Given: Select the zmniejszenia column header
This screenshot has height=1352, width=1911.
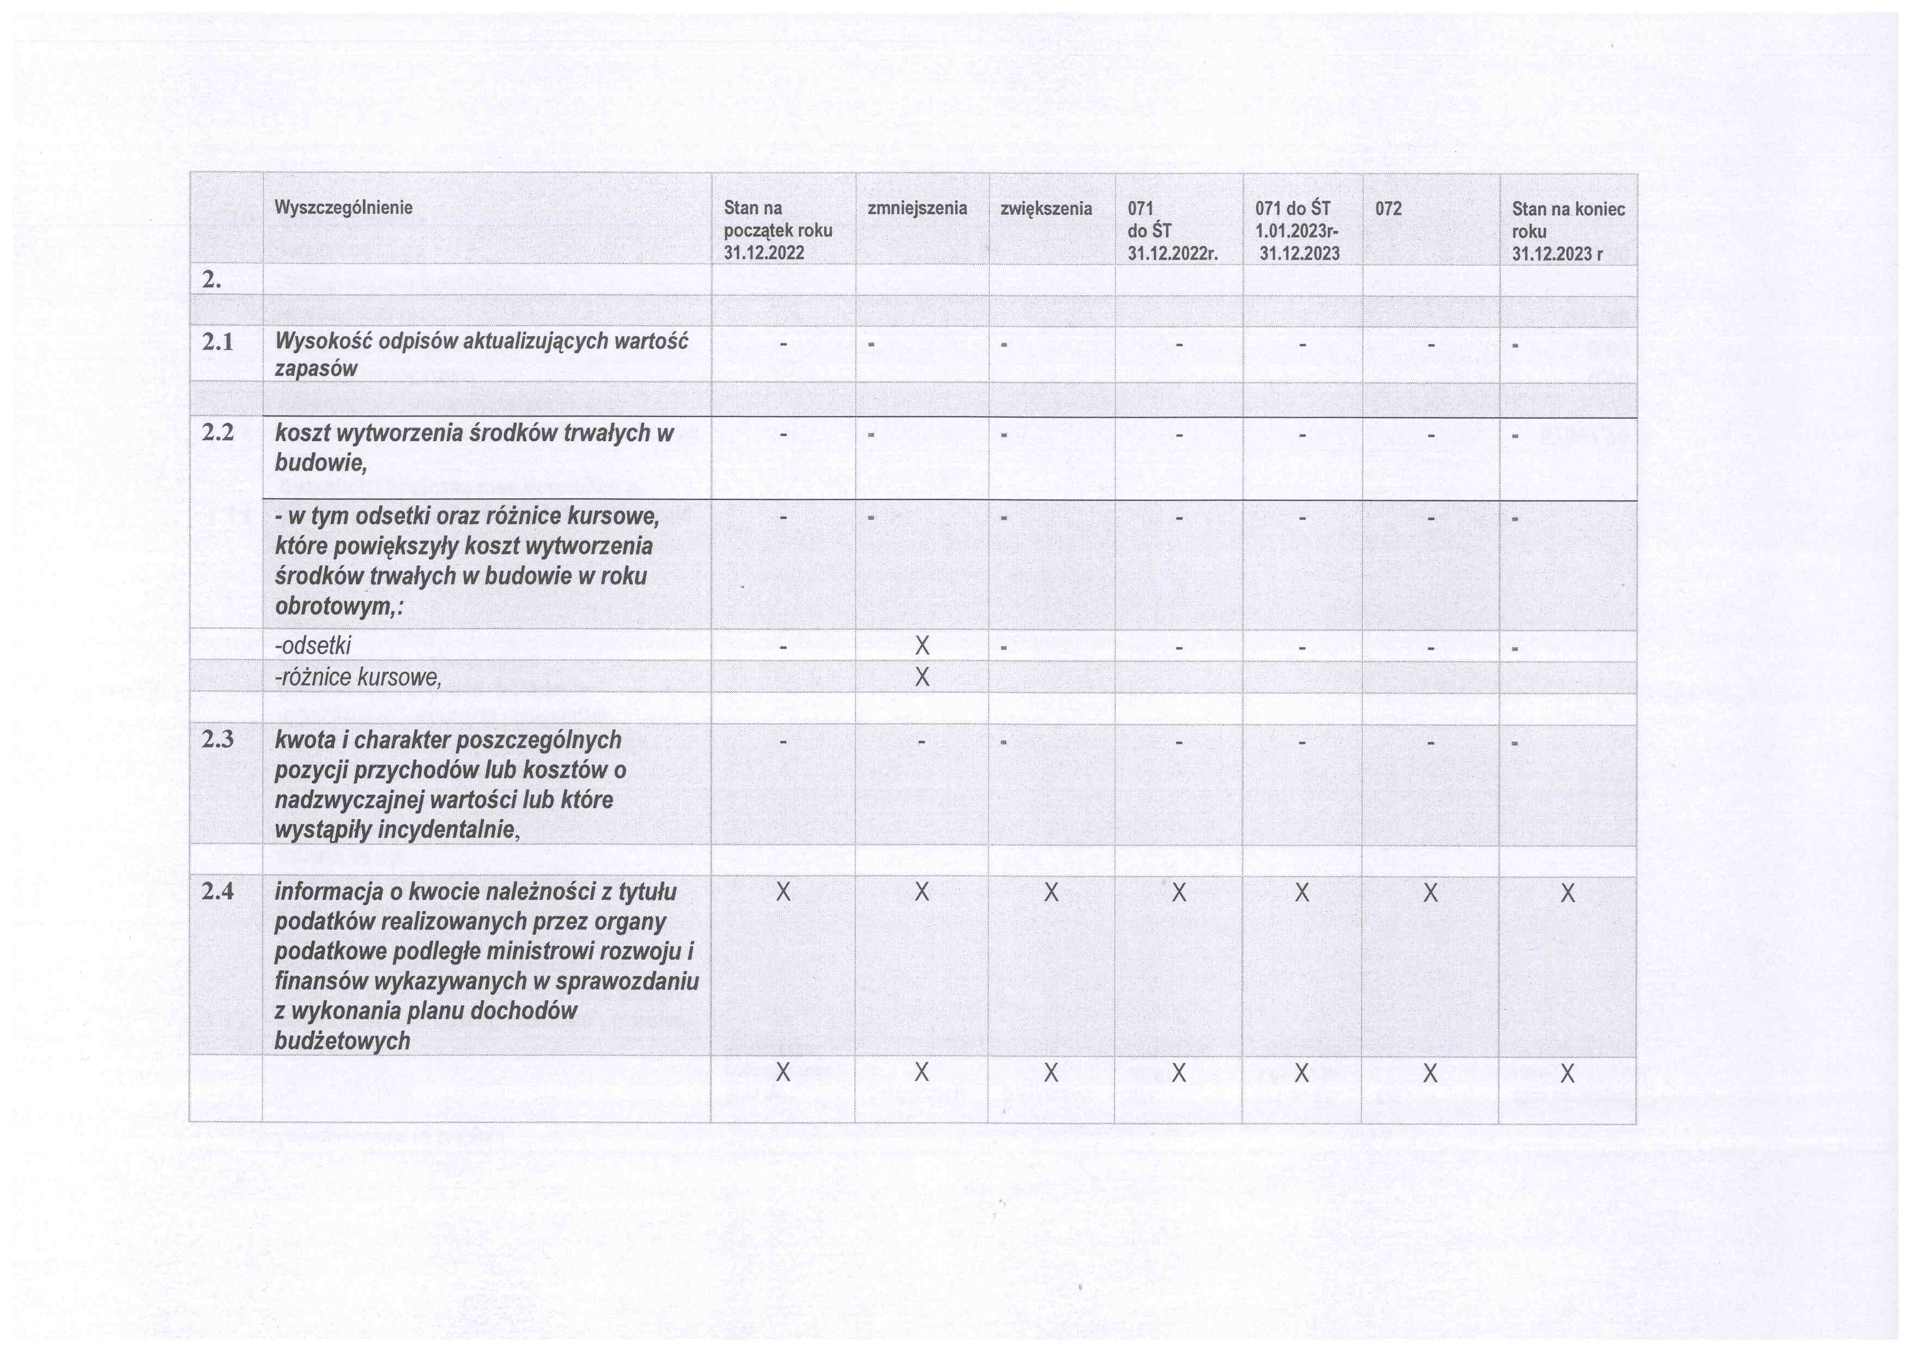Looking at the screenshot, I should point(917,208).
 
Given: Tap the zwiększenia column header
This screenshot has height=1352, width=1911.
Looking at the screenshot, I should point(1046,208).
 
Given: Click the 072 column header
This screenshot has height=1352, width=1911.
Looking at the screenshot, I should point(1388,208).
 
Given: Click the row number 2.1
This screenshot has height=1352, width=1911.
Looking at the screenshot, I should point(217,342).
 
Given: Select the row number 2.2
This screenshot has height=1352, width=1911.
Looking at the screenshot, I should point(217,433).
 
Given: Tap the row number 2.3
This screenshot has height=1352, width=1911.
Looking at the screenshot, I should point(217,739).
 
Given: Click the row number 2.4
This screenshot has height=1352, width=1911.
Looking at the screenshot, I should point(217,892).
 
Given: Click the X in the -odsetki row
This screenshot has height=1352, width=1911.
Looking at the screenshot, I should point(921,646).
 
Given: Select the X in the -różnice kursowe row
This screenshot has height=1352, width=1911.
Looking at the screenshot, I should point(921,678).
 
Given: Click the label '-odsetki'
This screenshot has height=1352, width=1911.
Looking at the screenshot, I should point(313,645).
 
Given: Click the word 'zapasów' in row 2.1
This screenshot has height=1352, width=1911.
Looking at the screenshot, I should point(316,369).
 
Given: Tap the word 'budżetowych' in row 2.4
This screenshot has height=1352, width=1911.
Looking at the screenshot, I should point(342,1041).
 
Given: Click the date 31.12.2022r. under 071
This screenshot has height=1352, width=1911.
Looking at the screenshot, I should point(1173,254).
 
